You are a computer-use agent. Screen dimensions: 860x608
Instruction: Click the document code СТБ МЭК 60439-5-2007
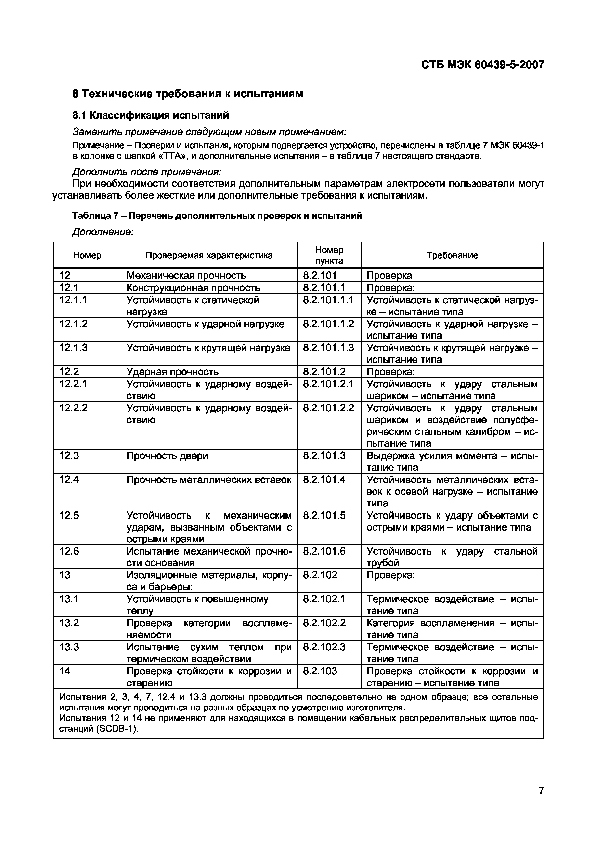coord(482,65)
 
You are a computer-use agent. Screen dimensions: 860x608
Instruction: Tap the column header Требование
coord(452,255)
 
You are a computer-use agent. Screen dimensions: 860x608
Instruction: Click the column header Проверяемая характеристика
coord(209,255)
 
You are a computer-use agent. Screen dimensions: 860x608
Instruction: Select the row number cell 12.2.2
coord(73,408)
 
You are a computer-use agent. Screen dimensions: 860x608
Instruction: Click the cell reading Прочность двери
coord(167,456)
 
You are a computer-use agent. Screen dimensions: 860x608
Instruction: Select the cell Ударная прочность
coord(172,372)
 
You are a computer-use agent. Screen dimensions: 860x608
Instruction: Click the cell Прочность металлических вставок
coord(209,480)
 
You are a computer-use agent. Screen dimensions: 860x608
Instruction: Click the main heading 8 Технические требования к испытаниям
coord(187,94)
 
